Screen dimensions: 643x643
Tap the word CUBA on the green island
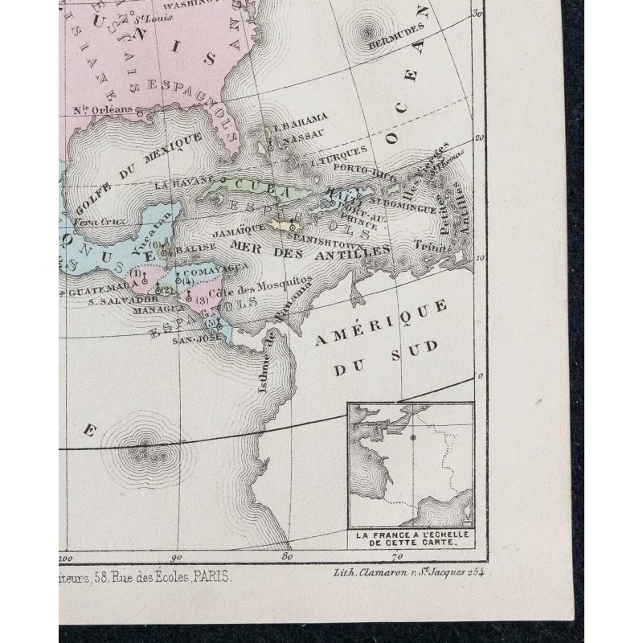252,184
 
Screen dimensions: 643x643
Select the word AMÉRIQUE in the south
380,324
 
